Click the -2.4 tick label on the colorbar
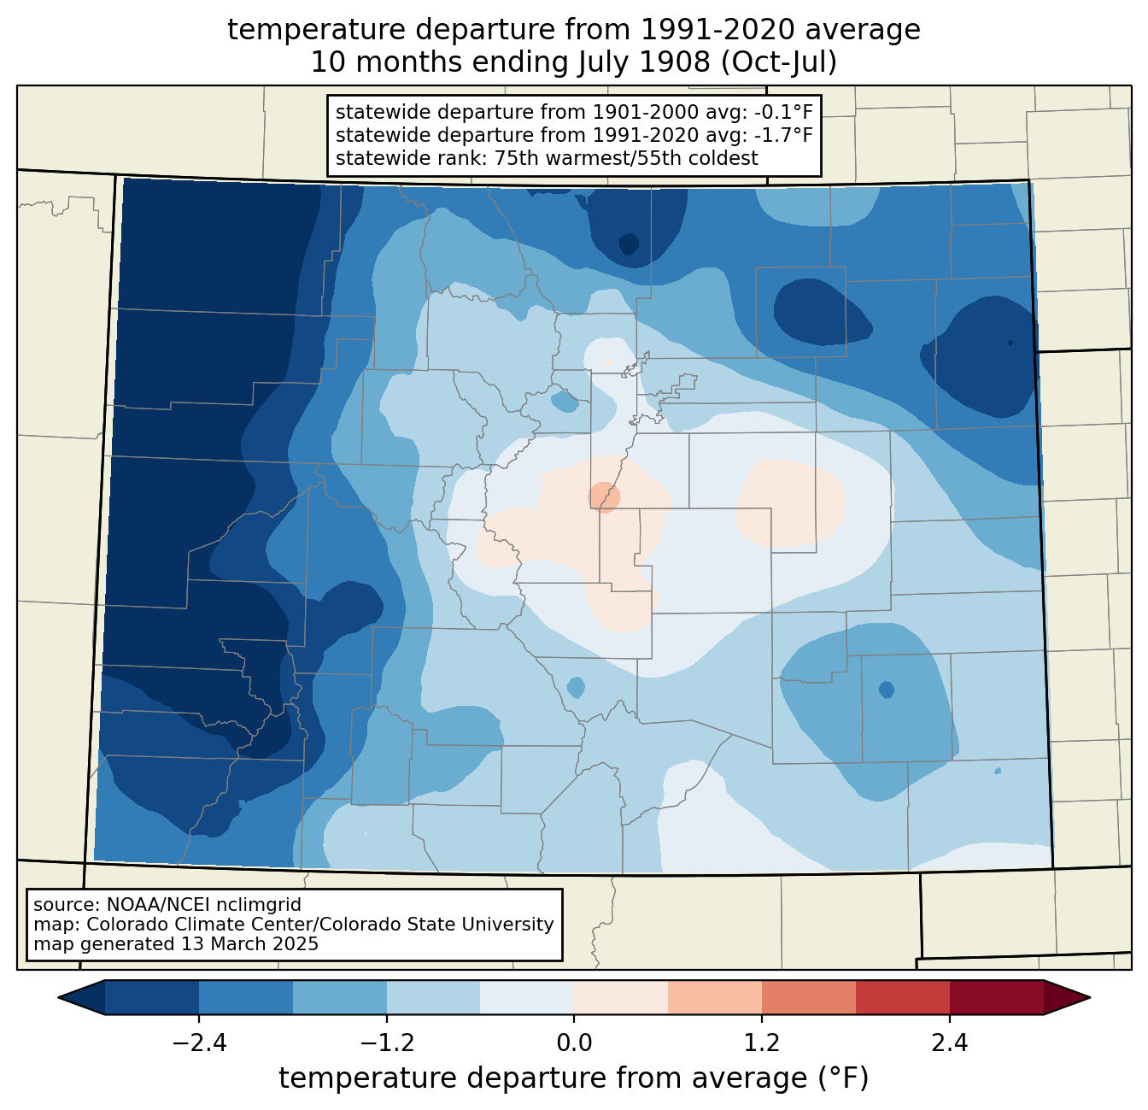tap(199, 1042)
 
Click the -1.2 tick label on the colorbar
tap(387, 1042)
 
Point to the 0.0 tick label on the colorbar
tap(574, 1042)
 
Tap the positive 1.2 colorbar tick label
tap(762, 1042)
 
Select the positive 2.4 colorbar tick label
tap(949, 1042)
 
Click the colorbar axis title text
tap(574, 1078)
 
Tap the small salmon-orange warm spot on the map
tap(604, 496)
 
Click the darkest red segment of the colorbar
tap(996, 997)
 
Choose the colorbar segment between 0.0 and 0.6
tap(621, 997)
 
